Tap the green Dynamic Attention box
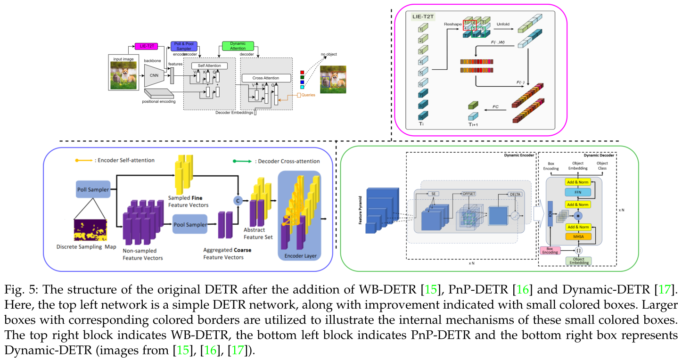pyautogui.click(x=238, y=46)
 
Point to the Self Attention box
pyautogui.click(x=209, y=65)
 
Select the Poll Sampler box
pyautogui.click(x=93, y=189)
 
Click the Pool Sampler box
pyautogui.click(x=190, y=225)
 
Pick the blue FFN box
pyautogui.click(x=577, y=193)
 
